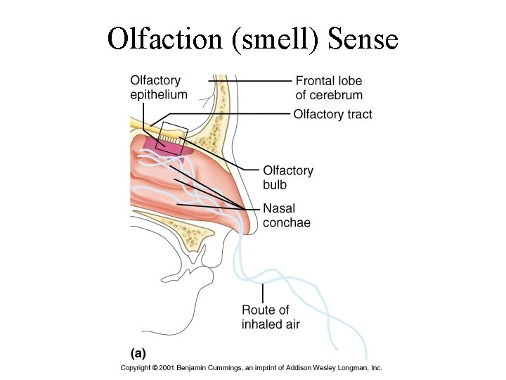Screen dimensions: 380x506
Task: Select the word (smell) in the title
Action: pyautogui.click(x=274, y=39)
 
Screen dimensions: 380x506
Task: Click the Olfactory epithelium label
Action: pyautogui.click(x=159, y=87)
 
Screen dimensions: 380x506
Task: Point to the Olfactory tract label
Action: pyautogui.click(x=333, y=114)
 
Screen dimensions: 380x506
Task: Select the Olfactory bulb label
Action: pyautogui.click(x=287, y=177)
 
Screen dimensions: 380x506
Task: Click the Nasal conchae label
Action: pyautogui.click(x=286, y=215)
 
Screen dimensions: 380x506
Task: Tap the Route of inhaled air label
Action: pyautogui.click(x=271, y=317)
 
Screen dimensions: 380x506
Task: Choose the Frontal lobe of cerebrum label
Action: pyautogui.click(x=329, y=88)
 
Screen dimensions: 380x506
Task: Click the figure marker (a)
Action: pyautogui.click(x=140, y=351)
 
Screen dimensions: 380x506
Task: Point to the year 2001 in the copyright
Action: pyautogui.click(x=165, y=368)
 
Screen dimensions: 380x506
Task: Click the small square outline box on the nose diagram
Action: pyautogui.click(x=173, y=133)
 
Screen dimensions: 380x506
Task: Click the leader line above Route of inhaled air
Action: pyautogui.click(x=262, y=292)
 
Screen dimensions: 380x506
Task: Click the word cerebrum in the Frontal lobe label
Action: pyautogui.click(x=339, y=95)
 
